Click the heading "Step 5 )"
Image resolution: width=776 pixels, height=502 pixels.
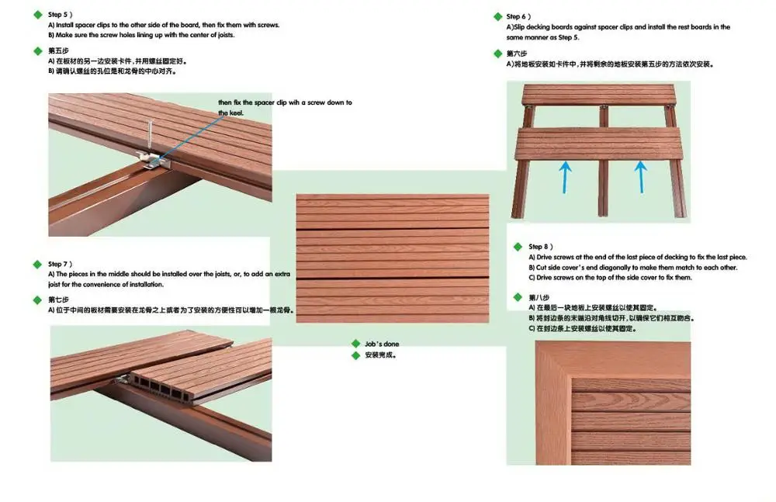click(x=60, y=15)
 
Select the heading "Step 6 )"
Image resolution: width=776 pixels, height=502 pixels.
click(x=518, y=17)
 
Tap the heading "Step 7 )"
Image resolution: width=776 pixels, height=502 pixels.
click(x=60, y=265)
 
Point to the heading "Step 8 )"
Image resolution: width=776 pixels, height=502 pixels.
click(x=540, y=247)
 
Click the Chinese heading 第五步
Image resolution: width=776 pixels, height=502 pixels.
click(x=58, y=50)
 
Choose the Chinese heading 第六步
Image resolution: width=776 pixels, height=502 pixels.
click(x=517, y=54)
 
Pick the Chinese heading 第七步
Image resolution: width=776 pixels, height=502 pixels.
click(x=58, y=299)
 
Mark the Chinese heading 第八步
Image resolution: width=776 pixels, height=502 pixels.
click(x=539, y=297)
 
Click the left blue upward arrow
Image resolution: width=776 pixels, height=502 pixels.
click(x=565, y=177)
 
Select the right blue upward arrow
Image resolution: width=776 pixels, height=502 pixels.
click(x=641, y=177)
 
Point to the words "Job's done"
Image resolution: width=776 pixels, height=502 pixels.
click(x=382, y=344)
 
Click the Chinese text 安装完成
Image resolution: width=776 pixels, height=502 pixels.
click(x=380, y=355)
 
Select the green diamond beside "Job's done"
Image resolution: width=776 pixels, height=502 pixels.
click(x=356, y=344)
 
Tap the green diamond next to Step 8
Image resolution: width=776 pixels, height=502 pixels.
click(x=518, y=247)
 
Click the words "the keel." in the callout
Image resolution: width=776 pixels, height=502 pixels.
click(x=230, y=113)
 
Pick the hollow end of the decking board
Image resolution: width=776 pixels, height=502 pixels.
click(x=161, y=389)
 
